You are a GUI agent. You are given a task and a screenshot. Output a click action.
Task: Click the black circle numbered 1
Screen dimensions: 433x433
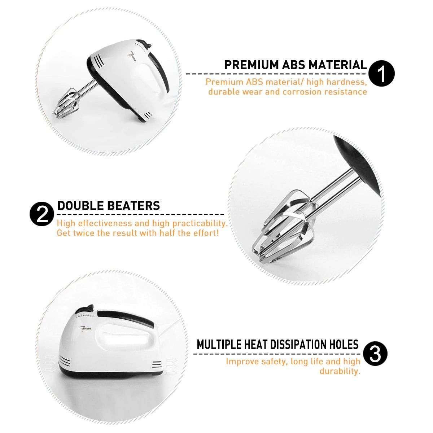(382, 74)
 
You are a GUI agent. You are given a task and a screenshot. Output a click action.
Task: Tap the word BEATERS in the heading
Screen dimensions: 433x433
(133, 206)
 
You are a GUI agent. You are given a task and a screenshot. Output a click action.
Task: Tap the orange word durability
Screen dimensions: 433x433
(340, 371)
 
